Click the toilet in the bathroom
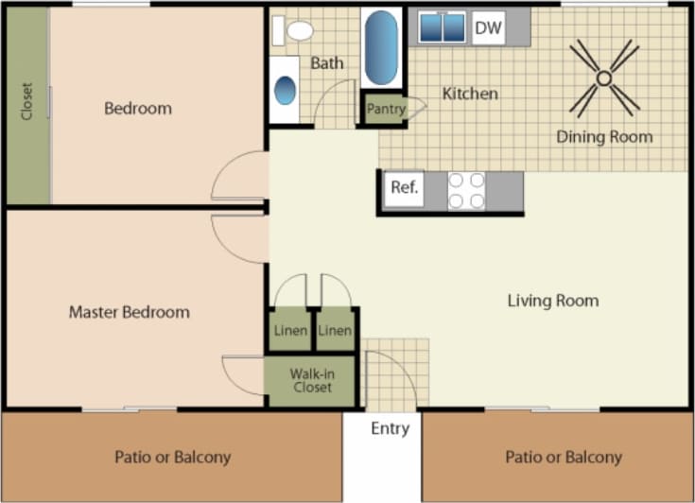coord(295,30)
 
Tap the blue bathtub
coord(381,47)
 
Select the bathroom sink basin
coord(285,91)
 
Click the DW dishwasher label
coord(488,28)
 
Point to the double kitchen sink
coord(442,27)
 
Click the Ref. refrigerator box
coord(404,187)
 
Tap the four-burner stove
coord(465,190)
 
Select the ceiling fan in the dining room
coord(603,78)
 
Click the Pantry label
coord(386,109)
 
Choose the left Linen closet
coord(290,330)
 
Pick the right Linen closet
coord(335,330)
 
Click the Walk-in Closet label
coord(312,380)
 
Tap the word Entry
coord(390,428)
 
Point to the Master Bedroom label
coord(129,311)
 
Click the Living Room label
coord(553,301)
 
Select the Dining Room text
coord(604,137)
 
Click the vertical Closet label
coord(26,102)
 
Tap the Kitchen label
coord(470,94)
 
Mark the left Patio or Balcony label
coord(172,457)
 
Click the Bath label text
coord(327,63)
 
